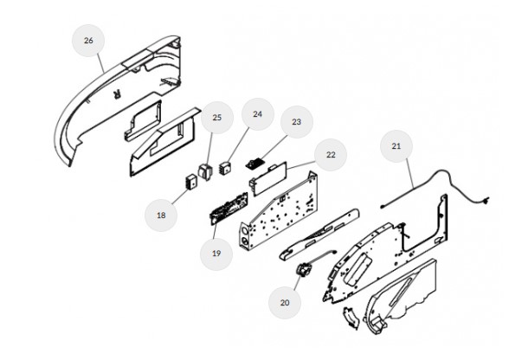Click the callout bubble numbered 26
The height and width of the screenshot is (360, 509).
pyautogui.click(x=88, y=41)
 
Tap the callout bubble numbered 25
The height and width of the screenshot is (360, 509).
pyautogui.click(x=216, y=118)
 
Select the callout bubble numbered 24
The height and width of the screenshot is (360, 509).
pyautogui.click(x=258, y=114)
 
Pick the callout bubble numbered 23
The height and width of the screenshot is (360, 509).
pyautogui.click(x=297, y=122)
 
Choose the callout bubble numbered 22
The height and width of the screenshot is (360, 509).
pyautogui.click(x=331, y=155)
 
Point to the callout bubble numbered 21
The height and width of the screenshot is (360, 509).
pyautogui.click(x=396, y=146)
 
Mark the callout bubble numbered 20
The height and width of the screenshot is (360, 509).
pyautogui.click(x=285, y=303)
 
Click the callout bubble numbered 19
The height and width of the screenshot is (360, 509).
pyautogui.click(x=216, y=254)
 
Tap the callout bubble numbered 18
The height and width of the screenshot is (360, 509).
pyautogui.click(x=161, y=215)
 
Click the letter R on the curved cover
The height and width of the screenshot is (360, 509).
pyautogui.click(x=117, y=94)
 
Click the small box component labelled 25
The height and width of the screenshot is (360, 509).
pyautogui.click(x=205, y=171)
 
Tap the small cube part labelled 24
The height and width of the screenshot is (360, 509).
pyautogui.click(x=224, y=168)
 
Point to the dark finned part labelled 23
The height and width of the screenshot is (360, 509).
pyautogui.click(x=254, y=163)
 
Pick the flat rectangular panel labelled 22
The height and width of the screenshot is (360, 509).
pyautogui.click(x=268, y=178)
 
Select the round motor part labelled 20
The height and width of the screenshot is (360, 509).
pyautogui.click(x=304, y=270)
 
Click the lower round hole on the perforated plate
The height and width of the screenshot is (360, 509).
pyautogui.click(x=245, y=241)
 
